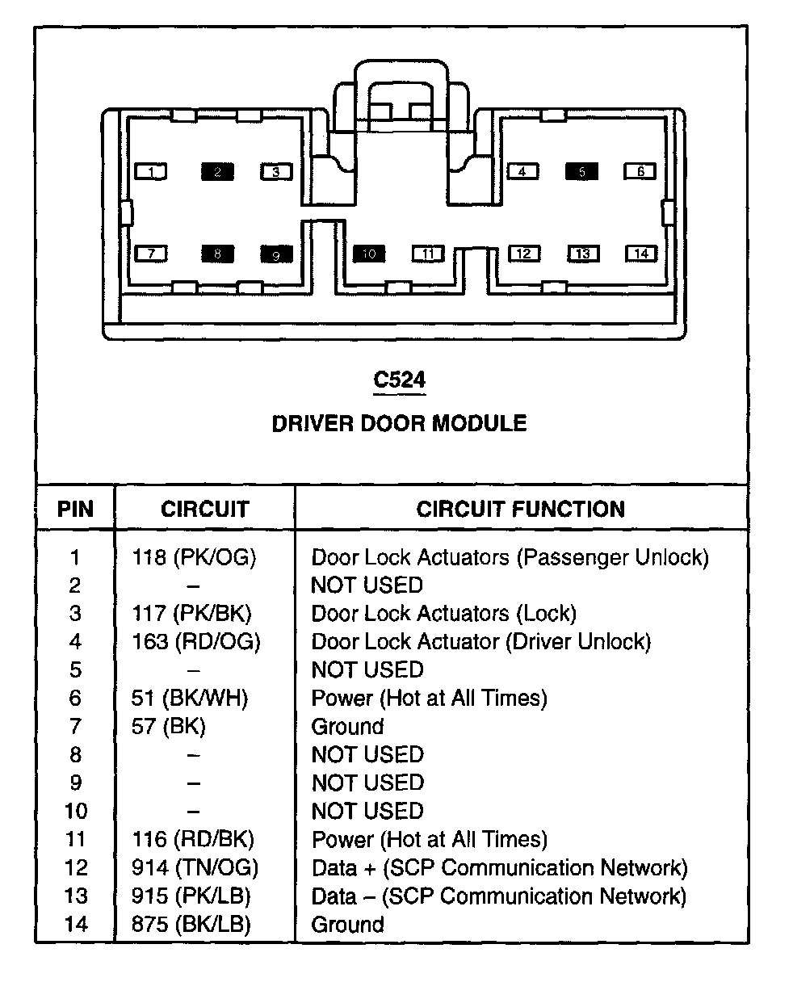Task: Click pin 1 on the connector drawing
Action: point(151,171)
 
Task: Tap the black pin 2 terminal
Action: point(216,171)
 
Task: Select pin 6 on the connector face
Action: point(640,171)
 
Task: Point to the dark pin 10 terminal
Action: point(369,254)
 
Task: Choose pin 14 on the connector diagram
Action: point(641,254)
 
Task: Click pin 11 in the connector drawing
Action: point(428,254)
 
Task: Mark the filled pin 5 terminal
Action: point(581,171)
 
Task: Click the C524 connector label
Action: point(399,380)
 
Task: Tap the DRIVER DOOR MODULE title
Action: point(399,423)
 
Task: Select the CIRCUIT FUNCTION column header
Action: point(520,509)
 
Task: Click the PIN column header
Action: point(75,510)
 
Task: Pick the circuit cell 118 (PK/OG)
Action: point(194,557)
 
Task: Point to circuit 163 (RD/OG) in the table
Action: point(196,642)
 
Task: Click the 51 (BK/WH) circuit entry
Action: point(190,699)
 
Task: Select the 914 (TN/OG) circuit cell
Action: point(195,868)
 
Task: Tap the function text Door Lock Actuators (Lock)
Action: point(443,614)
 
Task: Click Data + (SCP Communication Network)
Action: point(499,868)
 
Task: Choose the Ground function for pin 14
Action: point(347,925)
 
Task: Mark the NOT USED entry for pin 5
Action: point(367,670)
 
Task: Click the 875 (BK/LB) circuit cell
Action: point(191,925)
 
